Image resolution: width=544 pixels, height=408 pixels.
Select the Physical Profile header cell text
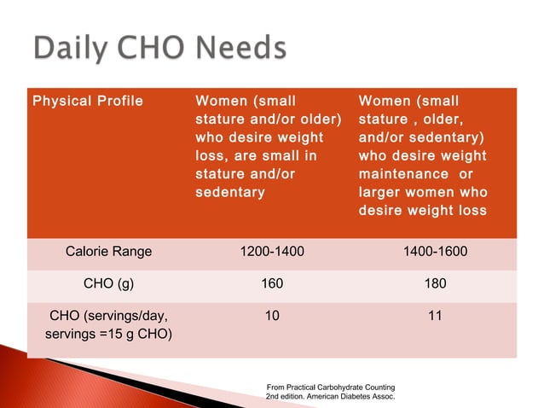(88, 102)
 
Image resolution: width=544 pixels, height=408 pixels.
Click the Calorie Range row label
(108, 252)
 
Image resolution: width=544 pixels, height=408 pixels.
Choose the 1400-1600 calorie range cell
(435, 252)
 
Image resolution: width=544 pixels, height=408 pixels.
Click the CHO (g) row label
(108, 283)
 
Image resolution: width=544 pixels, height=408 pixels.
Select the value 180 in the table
(435, 283)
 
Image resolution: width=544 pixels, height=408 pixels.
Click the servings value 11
(435, 315)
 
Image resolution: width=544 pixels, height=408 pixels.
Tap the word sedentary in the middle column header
(230, 192)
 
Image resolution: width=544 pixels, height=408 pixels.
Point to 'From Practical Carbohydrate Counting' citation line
(331, 387)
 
